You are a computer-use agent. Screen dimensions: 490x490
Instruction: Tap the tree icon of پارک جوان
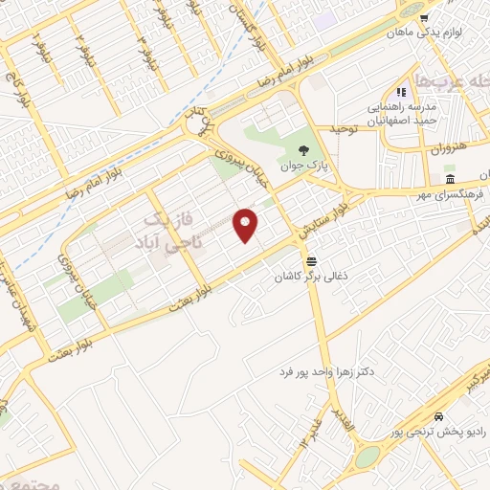click(x=303, y=150)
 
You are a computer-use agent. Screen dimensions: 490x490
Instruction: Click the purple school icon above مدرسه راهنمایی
click(x=403, y=92)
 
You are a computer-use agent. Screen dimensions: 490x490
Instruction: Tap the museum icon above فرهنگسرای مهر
click(x=450, y=180)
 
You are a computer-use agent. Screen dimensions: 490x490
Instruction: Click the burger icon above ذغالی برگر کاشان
click(x=311, y=261)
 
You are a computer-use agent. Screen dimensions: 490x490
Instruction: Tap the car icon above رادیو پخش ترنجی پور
click(x=437, y=417)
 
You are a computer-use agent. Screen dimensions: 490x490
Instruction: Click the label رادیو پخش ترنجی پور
click(x=435, y=433)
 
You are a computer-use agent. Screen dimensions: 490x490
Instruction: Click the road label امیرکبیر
click(x=468, y=382)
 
